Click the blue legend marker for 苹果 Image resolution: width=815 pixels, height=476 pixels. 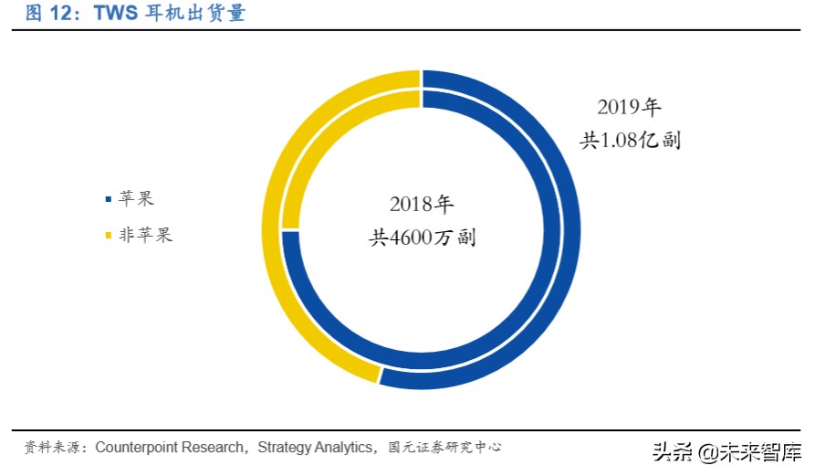(109, 198)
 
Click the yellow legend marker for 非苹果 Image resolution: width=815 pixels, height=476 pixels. (109, 236)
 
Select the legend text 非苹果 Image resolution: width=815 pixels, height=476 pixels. (145, 236)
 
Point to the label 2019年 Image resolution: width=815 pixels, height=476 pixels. (629, 107)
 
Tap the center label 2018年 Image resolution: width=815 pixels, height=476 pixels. (421, 203)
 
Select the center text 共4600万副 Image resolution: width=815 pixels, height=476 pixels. (422, 238)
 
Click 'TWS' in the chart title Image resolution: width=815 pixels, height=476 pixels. (117, 14)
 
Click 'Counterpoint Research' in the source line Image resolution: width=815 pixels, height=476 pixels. (171, 448)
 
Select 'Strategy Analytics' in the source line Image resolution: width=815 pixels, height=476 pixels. (317, 448)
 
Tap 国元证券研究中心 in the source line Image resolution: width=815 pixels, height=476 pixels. (444, 448)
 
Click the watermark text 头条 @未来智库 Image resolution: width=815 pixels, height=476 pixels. (726, 452)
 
